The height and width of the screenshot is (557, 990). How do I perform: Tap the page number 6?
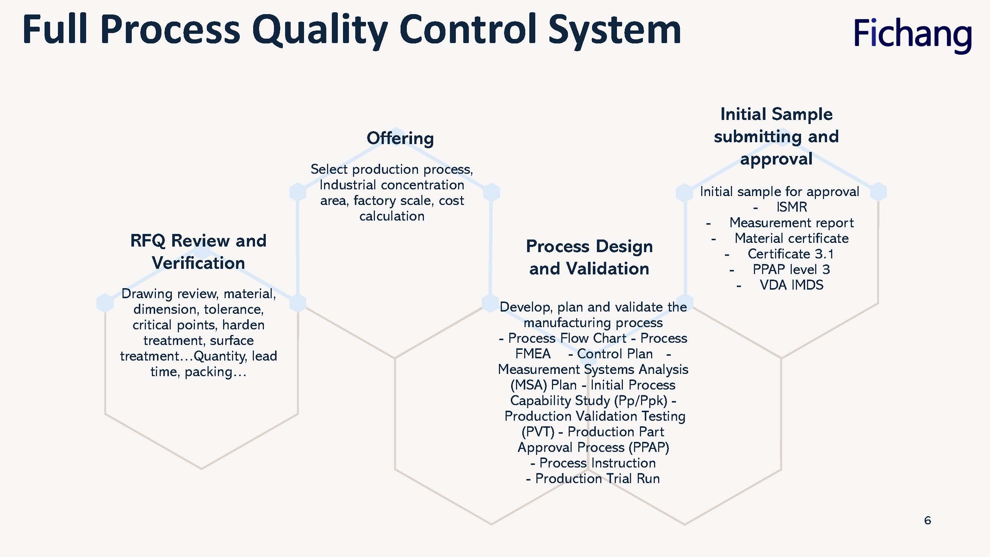927,521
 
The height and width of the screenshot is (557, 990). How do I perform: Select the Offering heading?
400,139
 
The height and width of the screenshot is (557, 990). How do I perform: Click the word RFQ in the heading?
148,241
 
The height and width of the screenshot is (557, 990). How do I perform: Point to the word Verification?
198,263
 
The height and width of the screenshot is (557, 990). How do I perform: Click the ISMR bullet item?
791,207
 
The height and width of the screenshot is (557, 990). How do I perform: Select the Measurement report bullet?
791,222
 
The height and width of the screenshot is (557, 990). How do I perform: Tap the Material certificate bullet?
791,238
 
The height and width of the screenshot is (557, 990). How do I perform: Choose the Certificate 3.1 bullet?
791,254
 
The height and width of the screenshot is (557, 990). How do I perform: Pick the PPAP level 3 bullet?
791,270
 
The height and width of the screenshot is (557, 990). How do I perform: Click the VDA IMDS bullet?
791,285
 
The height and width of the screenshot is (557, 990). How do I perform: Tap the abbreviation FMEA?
533,354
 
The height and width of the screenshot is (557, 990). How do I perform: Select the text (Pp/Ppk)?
641,401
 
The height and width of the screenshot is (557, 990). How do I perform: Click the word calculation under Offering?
392,216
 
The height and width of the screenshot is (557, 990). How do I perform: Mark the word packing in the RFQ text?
208,372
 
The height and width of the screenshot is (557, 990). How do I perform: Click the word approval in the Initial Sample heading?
776,159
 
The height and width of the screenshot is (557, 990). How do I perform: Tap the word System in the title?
614,30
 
